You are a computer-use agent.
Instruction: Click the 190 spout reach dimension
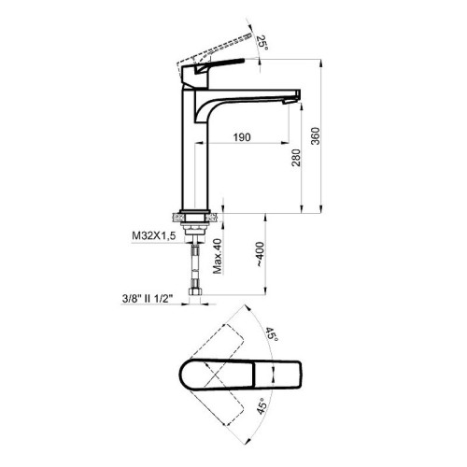[242, 137]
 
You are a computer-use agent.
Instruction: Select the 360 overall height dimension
[316, 135]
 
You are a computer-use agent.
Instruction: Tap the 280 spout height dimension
[296, 158]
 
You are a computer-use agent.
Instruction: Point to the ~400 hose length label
[260, 254]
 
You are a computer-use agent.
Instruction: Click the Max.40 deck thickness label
[218, 256]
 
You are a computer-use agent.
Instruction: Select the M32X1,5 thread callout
[154, 235]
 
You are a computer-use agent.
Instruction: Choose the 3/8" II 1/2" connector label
[148, 299]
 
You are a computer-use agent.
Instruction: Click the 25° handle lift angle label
[262, 43]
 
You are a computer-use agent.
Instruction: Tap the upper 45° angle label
[271, 334]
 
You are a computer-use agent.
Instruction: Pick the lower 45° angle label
[262, 406]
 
